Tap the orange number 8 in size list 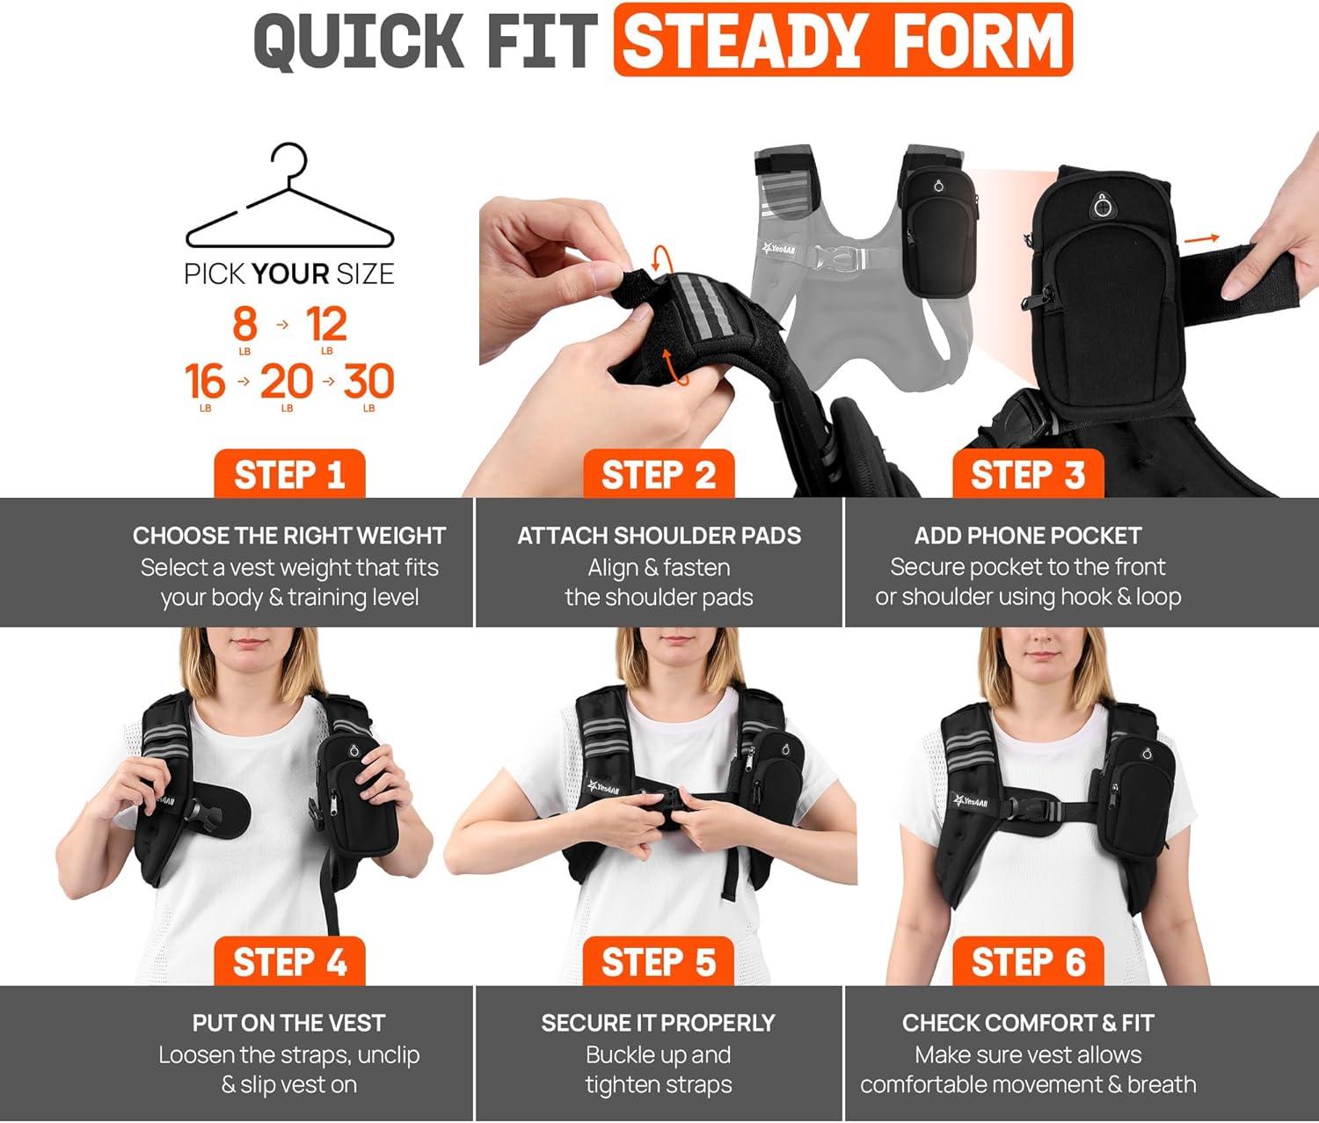coord(245,324)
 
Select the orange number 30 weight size coord(368,381)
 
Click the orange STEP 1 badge coord(289,474)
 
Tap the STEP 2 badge coord(659,474)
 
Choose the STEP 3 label coord(1028,474)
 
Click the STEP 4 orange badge coord(289,961)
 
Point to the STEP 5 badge coord(659,961)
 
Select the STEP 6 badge coord(1028,961)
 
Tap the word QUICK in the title coord(360,40)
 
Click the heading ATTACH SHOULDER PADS coord(659,536)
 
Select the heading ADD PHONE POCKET coord(1028,536)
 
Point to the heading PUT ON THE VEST coord(289,1024)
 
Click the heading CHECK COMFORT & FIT coord(1028,1024)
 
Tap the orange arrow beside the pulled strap coord(1201,239)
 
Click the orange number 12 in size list coord(327,324)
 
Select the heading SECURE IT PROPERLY coord(659,1024)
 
